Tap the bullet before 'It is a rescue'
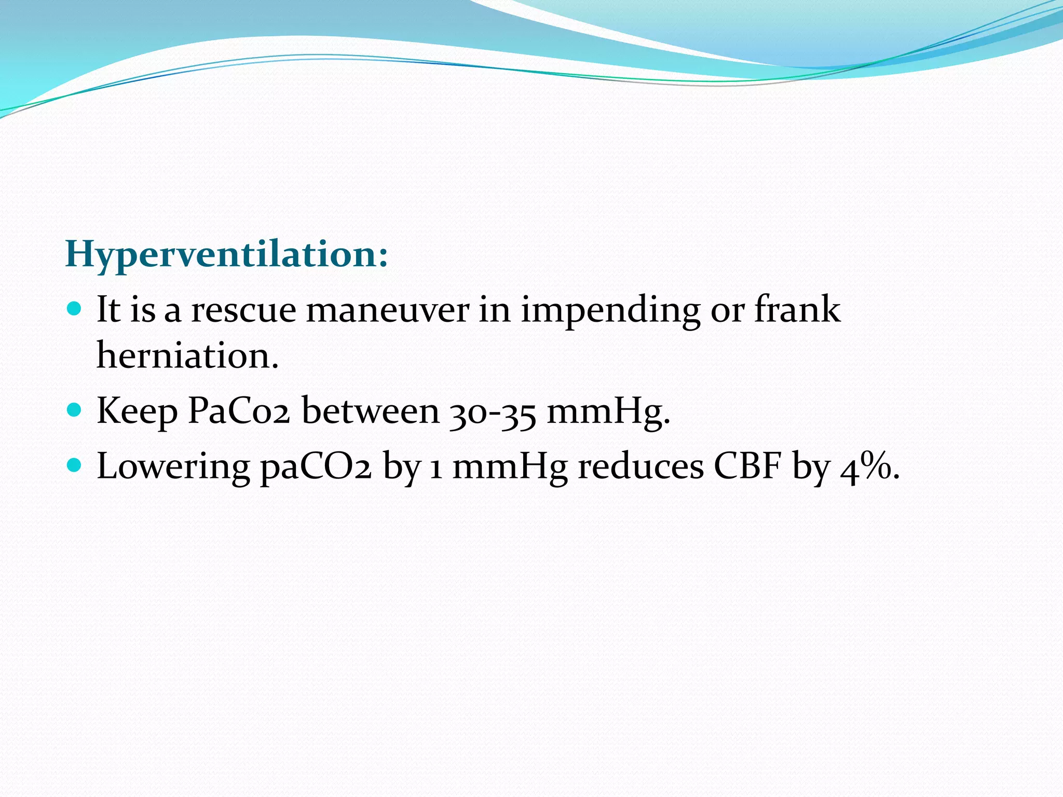[75, 310]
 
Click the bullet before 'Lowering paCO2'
[75, 465]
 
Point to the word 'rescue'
[243, 310]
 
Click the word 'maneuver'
[387, 310]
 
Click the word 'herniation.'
[187, 356]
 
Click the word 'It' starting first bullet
[108, 310]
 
